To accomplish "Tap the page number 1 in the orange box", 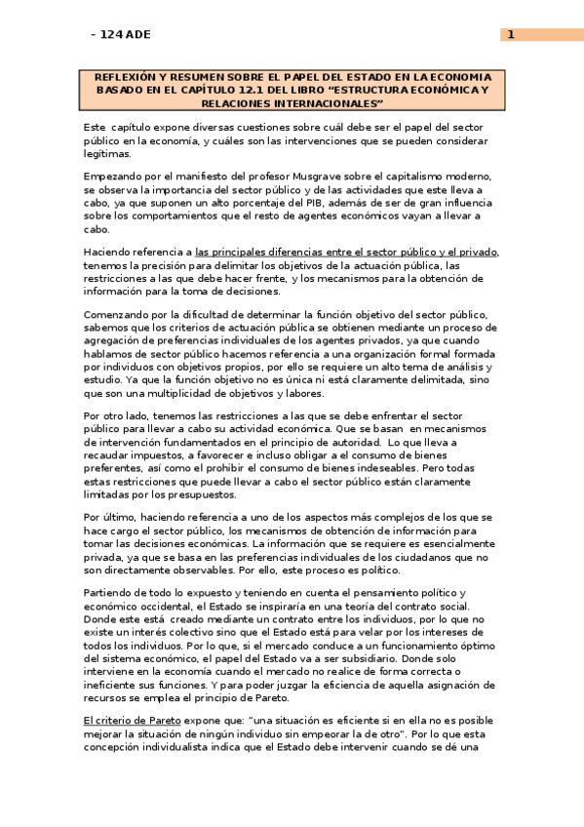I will (x=510, y=35).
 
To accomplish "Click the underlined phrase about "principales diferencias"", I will (x=347, y=254).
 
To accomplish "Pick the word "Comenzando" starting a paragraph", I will (x=119, y=315).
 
